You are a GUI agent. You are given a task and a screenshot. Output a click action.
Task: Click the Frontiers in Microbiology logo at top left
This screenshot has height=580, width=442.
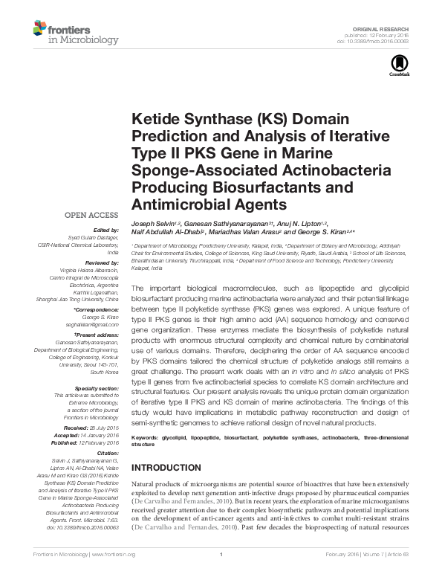coord(67,33)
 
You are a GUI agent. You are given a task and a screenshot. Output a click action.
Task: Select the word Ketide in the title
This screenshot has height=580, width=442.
coord(154,120)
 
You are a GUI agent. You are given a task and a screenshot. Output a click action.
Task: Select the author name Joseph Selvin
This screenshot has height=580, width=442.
coord(153,222)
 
